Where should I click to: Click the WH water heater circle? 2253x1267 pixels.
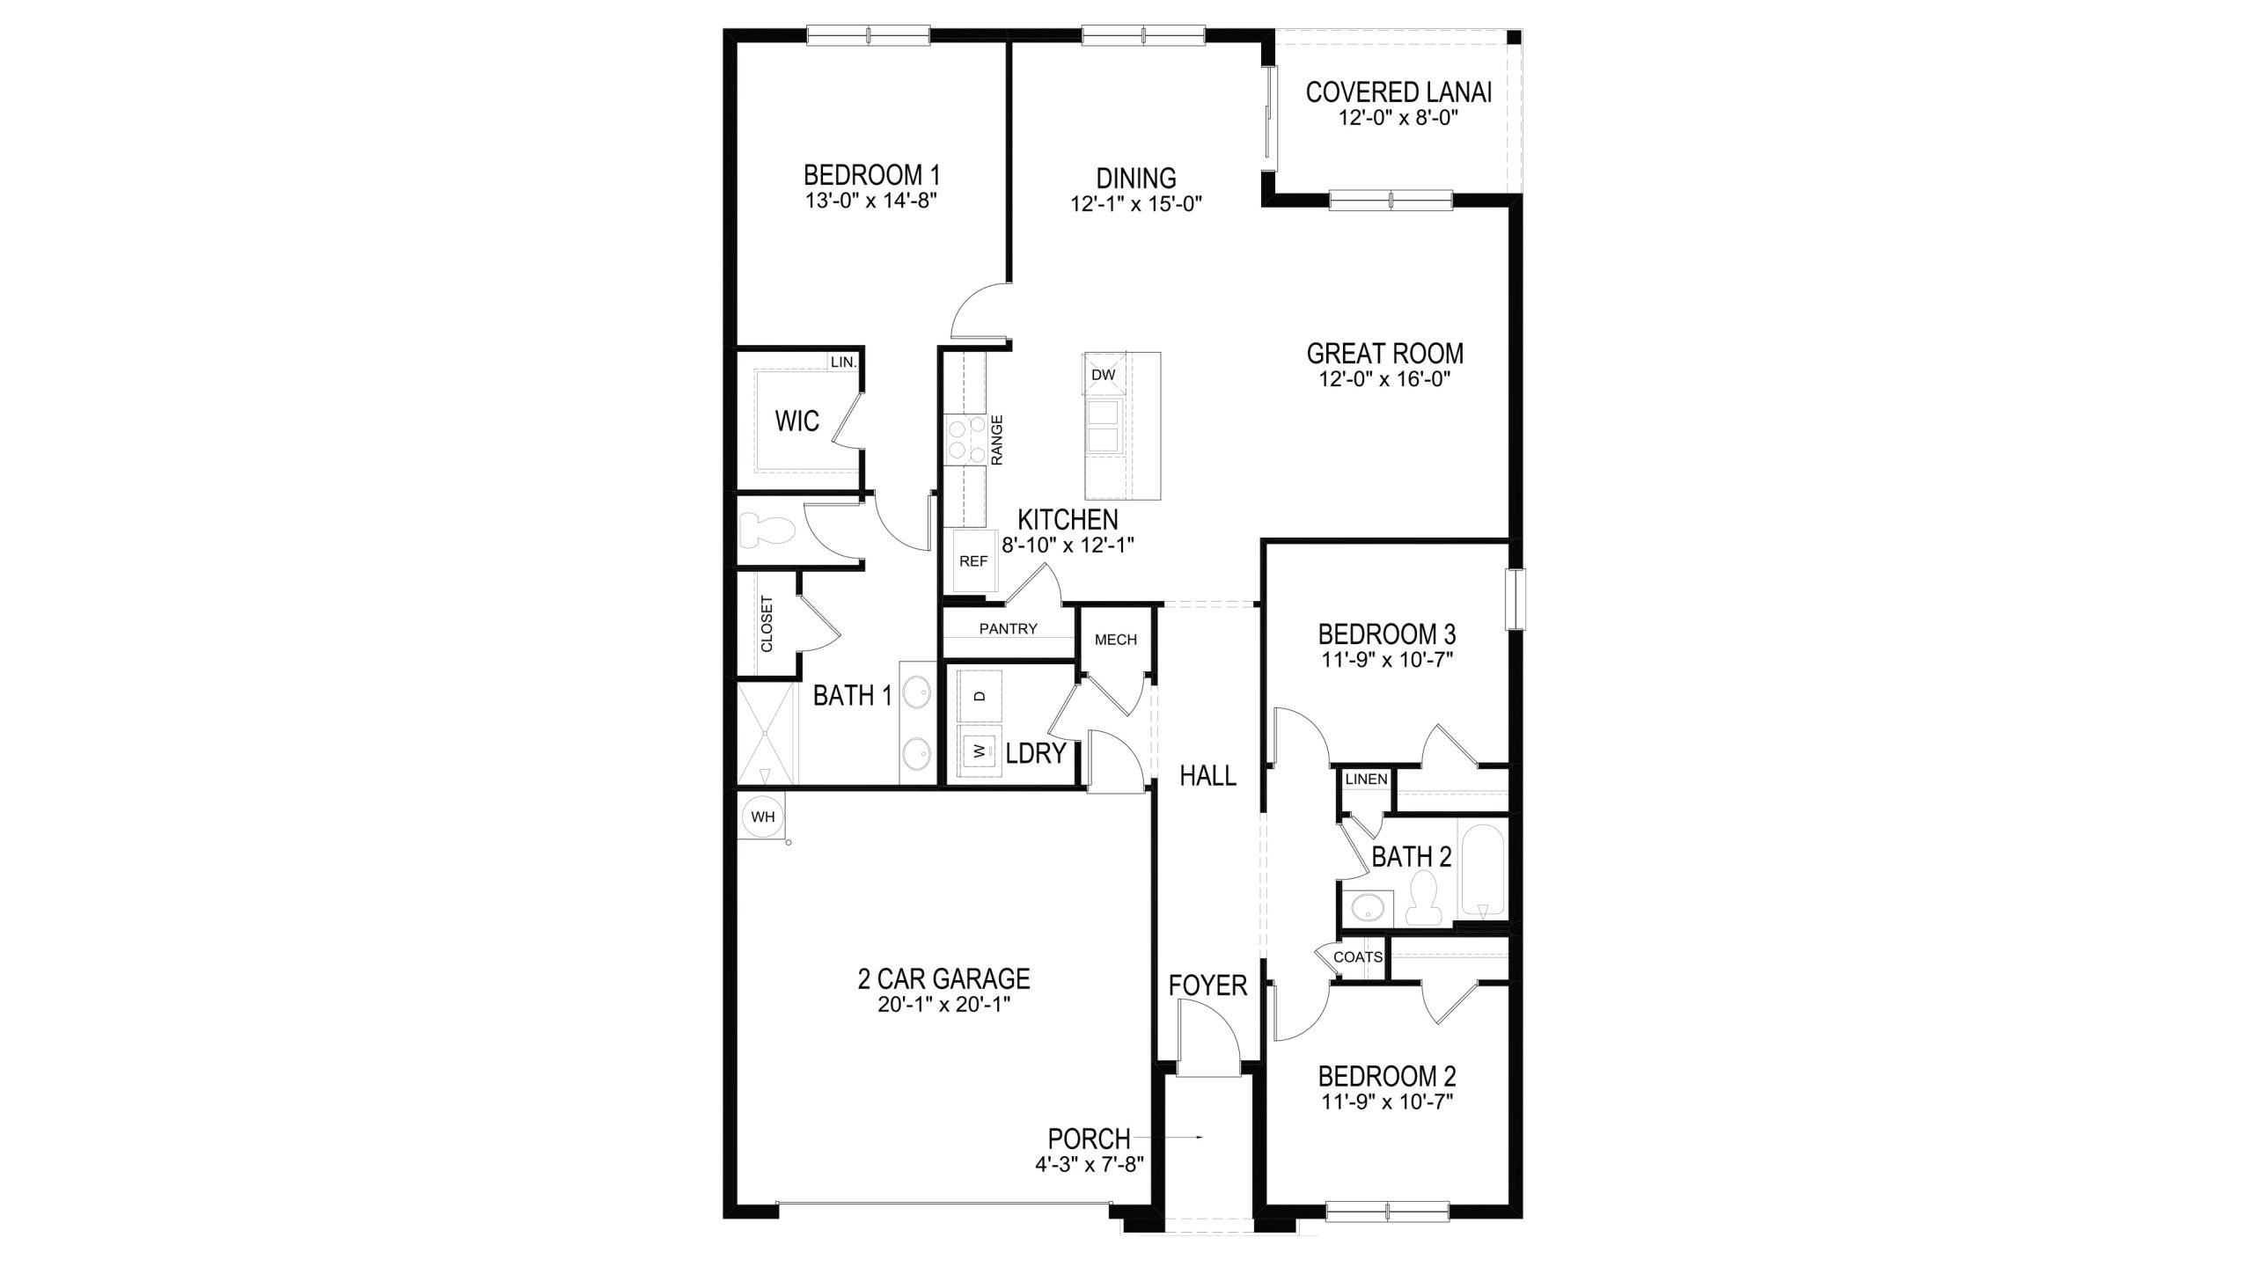(763, 817)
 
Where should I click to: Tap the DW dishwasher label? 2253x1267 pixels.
(1103, 375)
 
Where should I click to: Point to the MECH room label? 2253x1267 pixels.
(1115, 640)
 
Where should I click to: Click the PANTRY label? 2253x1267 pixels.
(1009, 629)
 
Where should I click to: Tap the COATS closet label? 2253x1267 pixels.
(1358, 957)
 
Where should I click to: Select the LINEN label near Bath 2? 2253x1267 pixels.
(1366, 779)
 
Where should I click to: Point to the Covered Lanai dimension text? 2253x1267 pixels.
(1398, 119)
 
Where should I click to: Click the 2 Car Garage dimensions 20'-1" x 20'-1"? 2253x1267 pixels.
(943, 1005)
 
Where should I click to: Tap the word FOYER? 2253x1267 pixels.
(1207, 985)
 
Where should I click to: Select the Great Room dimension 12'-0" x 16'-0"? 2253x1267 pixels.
(1384, 379)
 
